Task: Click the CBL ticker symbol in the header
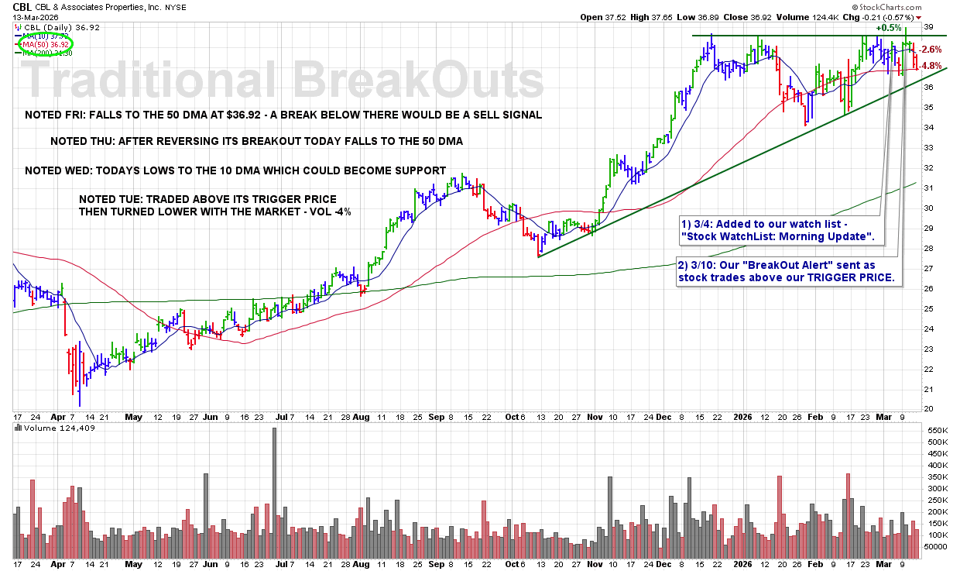22,6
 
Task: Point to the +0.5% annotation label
889,28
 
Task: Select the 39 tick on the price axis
928,26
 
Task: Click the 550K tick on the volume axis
933,430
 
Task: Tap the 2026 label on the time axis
744,417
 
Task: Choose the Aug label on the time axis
361,417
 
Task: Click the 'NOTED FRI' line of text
283,115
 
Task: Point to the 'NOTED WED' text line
235,170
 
